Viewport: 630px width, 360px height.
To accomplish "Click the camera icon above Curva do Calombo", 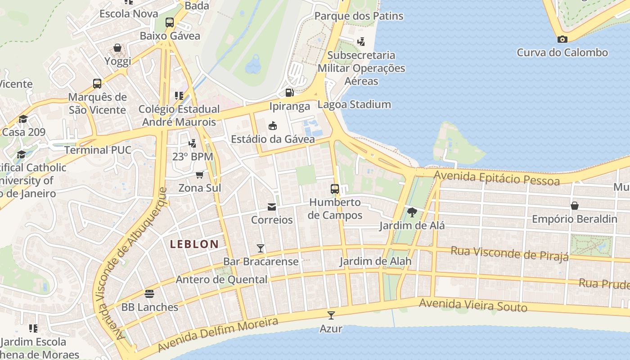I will pos(562,40).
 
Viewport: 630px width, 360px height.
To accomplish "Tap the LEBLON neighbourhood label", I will pos(194,244).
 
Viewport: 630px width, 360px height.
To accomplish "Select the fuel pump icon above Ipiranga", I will pos(290,93).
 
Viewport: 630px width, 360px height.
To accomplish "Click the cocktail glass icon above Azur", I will pos(331,315).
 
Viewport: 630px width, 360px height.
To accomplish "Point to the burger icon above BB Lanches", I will pos(149,294).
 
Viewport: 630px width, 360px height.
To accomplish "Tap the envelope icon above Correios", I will pos(272,207).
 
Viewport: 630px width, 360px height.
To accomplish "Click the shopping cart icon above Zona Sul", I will pos(199,175).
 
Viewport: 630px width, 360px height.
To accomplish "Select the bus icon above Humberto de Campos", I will pos(335,189).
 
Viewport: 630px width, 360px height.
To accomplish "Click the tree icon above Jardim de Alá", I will pos(411,212).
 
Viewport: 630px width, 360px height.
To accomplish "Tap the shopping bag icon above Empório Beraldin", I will pos(574,206).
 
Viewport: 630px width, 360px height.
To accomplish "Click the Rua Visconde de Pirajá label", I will pos(509,253).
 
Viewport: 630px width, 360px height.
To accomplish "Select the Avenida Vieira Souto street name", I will pos(473,305).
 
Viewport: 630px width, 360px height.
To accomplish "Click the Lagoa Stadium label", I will pos(354,105).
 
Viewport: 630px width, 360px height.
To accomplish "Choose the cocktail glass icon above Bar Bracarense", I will pos(260,248).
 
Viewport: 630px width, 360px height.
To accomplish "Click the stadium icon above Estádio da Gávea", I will pos(272,126).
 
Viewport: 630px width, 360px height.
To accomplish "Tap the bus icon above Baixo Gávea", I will pos(170,22).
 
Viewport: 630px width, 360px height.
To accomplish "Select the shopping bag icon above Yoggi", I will pos(117,48).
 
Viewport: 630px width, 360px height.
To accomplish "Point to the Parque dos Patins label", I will pos(359,16).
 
